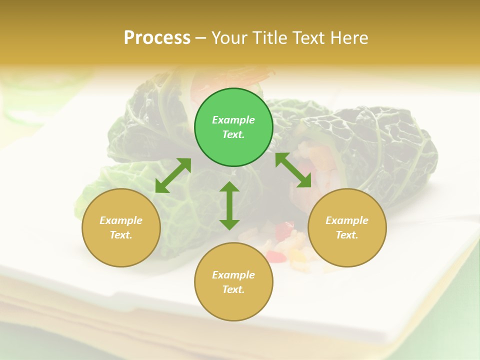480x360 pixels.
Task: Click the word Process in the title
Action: (157, 38)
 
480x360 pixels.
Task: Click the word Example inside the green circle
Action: (233, 120)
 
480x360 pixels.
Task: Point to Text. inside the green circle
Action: (233, 134)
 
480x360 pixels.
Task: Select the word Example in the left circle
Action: (121, 220)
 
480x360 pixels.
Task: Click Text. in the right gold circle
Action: (347, 235)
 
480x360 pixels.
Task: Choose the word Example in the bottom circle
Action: (233, 275)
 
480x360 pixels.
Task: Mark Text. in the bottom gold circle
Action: (233, 289)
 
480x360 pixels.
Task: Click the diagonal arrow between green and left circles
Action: (173, 175)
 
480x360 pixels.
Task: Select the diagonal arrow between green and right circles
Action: (293, 170)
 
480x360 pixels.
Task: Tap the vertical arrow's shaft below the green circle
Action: (229, 205)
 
